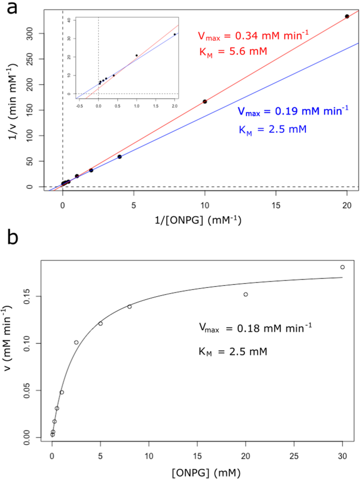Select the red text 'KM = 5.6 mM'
tap(233, 51)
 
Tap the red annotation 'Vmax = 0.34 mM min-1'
tap(253, 35)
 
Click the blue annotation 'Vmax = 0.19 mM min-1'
tap(293, 111)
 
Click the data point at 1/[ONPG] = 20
tap(347, 16)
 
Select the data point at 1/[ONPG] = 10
tap(204, 101)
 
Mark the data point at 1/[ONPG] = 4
tap(119, 157)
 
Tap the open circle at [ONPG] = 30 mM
tap(343, 267)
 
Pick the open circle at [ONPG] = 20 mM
tap(245, 294)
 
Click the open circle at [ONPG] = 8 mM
tap(129, 307)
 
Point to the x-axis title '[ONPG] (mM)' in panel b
tap(197, 469)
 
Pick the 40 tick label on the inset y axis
tap(70, 19)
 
